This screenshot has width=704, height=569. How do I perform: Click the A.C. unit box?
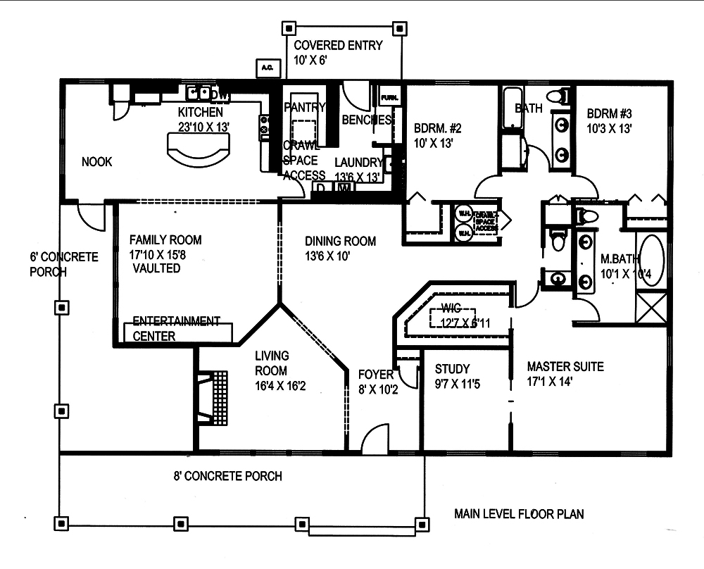268,68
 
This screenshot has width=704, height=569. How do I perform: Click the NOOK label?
97,162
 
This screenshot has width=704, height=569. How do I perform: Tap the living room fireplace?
216,399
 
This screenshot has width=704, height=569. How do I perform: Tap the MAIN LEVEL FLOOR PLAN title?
519,514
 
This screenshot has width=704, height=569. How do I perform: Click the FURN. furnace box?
389,96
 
